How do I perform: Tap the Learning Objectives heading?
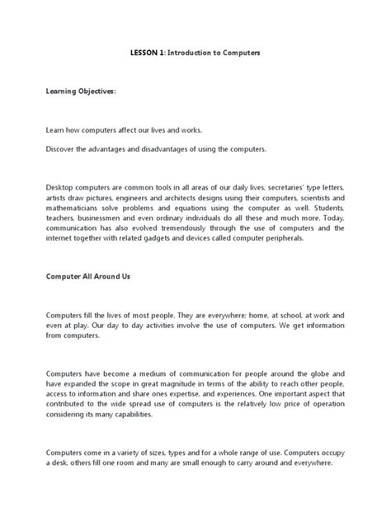tap(81, 94)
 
